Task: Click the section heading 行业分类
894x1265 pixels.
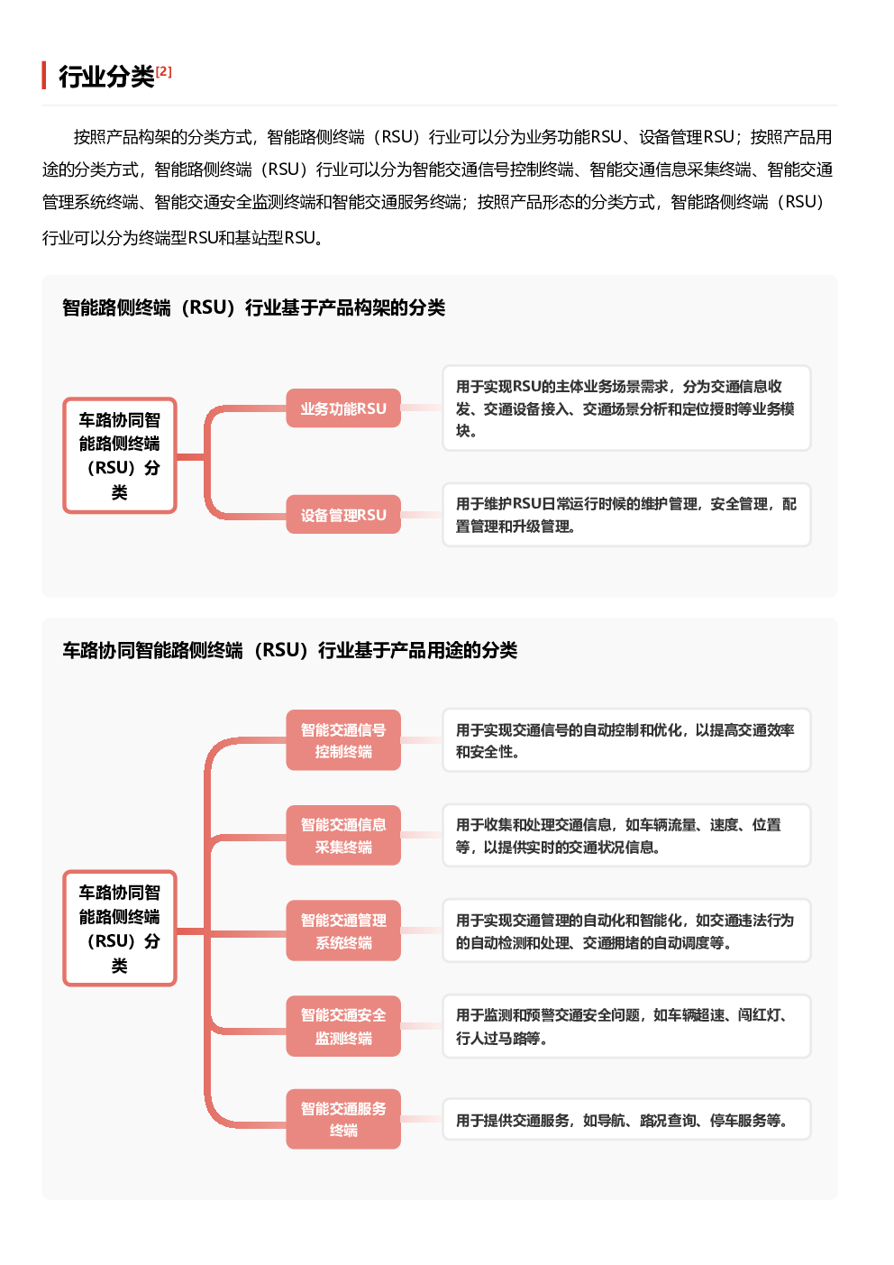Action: pos(106,77)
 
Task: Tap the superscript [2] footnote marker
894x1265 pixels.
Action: pos(164,71)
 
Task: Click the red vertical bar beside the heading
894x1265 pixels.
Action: pos(44,75)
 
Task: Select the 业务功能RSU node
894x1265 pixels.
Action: pos(343,408)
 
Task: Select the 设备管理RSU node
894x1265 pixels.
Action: pos(343,515)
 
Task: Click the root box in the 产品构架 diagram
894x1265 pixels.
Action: pos(120,455)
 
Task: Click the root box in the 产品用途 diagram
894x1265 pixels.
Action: pos(120,929)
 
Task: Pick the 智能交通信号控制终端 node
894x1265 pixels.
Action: pos(343,740)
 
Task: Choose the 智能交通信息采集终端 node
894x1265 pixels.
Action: pos(343,835)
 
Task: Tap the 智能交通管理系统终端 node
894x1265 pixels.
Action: pos(343,930)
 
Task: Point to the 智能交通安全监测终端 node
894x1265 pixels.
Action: pos(343,1026)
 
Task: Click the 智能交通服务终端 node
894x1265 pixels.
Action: pos(343,1119)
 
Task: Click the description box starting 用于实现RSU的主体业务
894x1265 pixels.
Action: pos(626,408)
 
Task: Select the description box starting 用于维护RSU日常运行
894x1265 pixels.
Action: pos(626,515)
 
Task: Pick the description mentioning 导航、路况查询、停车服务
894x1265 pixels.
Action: pos(626,1119)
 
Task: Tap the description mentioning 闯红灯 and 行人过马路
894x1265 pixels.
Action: pos(626,1026)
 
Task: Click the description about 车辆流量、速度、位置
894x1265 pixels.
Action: pos(626,835)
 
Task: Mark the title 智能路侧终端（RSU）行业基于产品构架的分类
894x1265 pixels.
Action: pos(253,307)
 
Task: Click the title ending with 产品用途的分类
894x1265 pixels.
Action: pos(289,651)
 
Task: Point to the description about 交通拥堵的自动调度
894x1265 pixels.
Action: pos(626,930)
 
